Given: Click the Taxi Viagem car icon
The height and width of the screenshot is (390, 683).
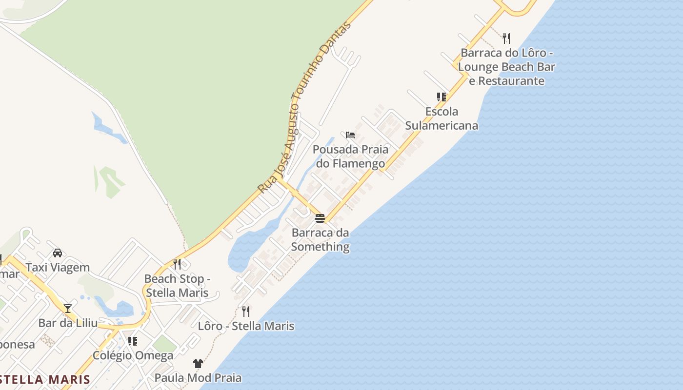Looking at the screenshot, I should click(58, 253).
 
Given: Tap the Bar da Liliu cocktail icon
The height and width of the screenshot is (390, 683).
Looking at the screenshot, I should click(68, 308).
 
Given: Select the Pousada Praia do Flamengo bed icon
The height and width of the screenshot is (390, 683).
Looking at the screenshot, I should click(350, 135).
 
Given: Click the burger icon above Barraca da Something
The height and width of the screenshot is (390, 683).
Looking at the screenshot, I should click(320, 218).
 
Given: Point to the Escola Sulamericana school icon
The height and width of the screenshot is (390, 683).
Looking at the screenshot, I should click(442, 97).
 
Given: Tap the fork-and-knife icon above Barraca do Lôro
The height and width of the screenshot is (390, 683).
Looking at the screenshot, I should click(506, 38).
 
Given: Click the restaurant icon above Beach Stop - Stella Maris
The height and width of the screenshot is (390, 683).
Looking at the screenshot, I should click(177, 264).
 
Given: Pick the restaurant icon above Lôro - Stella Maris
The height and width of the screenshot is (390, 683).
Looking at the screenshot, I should click(246, 311).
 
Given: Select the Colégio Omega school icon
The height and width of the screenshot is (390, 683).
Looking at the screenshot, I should click(133, 341).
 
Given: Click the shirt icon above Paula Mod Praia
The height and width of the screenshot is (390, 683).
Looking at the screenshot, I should click(198, 363).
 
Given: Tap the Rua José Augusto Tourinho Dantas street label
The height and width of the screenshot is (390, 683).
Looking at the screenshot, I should click(304, 107).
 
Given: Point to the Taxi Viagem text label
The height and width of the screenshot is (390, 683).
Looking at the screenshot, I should click(58, 267).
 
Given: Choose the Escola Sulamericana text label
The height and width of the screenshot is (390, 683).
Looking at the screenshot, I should click(442, 118).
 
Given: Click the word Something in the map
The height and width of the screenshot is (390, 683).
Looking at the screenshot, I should click(320, 247).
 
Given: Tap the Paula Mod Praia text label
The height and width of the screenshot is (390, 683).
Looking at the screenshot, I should click(198, 377).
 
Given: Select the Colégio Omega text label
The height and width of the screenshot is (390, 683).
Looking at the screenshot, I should click(133, 355).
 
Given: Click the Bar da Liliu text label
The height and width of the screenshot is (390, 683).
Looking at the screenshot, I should click(68, 323).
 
